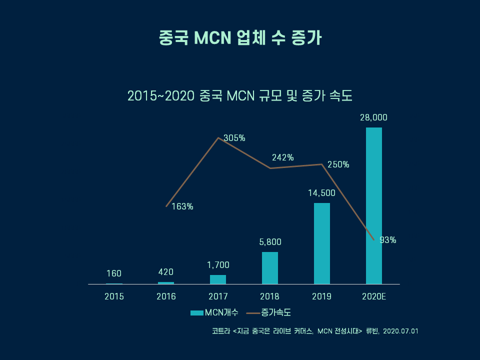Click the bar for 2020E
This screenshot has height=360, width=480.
tap(374, 205)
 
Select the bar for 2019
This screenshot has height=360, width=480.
tap(322, 243)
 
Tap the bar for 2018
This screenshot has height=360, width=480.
tap(270, 267)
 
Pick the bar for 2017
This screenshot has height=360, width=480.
tap(218, 279)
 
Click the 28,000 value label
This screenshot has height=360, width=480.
tap(374, 118)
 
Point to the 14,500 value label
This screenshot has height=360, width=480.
tap(322, 193)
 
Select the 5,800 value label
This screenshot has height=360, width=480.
tap(270, 242)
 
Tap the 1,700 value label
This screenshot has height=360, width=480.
tap(218, 265)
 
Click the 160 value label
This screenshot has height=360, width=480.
tap(114, 273)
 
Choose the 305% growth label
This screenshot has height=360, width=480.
tap(234, 138)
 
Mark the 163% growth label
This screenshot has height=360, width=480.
tap(182, 206)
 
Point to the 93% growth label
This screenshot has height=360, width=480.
tap(388, 240)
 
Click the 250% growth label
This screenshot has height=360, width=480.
tap(338, 164)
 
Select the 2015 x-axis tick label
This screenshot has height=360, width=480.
tap(114, 296)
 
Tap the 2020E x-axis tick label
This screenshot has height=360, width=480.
tap(374, 296)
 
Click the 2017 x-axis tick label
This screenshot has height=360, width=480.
tap(218, 296)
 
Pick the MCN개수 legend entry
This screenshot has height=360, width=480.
tap(215, 312)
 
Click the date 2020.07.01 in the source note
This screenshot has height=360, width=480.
tap(400, 331)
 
